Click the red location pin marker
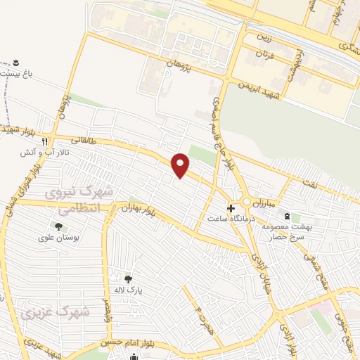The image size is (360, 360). point(181,165)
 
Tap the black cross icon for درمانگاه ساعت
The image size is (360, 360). point(231,208)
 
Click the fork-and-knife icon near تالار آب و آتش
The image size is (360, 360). point(44,140)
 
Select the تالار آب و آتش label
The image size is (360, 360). point(44,150)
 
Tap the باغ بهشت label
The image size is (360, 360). point(18,72)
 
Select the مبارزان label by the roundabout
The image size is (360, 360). point(266,203)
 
